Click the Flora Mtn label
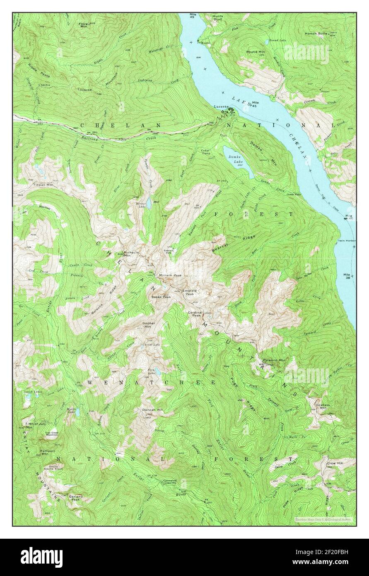pyautogui.click(x=84, y=25)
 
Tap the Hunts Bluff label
pyautogui.click(x=217, y=17)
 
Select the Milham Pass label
pyautogui.click(x=170, y=275)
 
